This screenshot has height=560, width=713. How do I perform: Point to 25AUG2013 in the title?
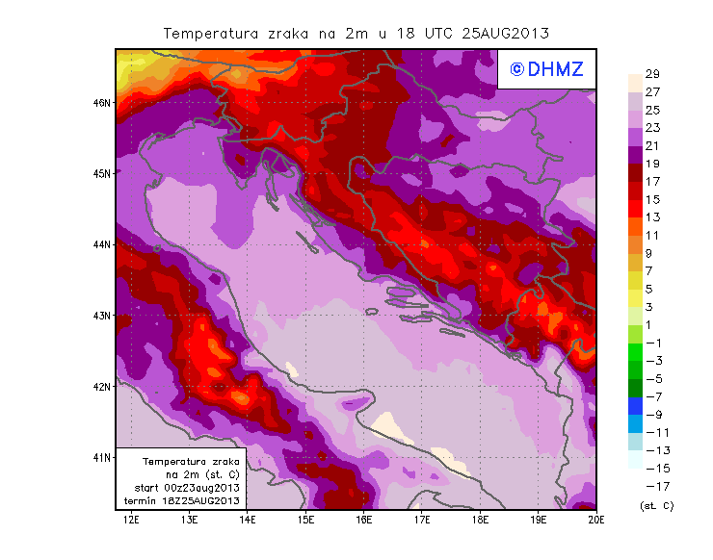tap(505, 33)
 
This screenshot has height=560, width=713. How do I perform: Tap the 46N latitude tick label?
tap(102, 102)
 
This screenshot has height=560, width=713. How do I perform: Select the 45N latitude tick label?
tap(102, 173)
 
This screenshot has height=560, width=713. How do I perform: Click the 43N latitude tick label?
tap(102, 315)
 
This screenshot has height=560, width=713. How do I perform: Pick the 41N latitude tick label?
tap(102, 457)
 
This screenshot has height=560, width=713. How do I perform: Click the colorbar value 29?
tap(651, 75)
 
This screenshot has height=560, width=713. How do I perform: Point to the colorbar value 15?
tap(651, 199)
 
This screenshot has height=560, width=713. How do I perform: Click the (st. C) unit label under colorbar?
tap(656, 505)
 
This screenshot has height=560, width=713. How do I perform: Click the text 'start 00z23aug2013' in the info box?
tap(181, 488)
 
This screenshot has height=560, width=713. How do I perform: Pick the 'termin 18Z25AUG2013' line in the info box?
tap(181, 500)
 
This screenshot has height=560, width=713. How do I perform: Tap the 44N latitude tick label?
tap(102, 244)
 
